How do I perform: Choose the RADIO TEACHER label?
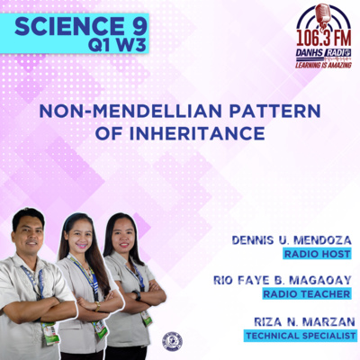pyautogui.click(x=307, y=294)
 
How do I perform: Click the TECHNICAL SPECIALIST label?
pyautogui.click(x=301, y=336)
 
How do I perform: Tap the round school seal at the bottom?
pyautogui.click(x=171, y=341)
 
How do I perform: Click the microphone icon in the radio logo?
pyautogui.click(x=323, y=15)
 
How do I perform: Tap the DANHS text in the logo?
pyautogui.click(x=310, y=53)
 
